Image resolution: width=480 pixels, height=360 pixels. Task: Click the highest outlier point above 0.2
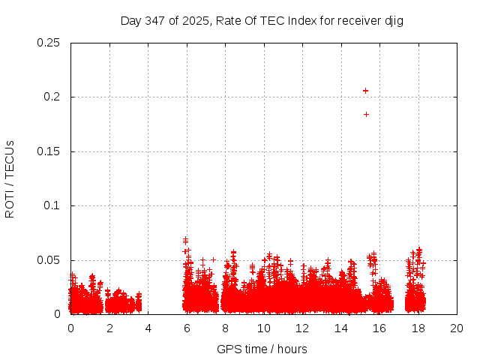coord(365,91)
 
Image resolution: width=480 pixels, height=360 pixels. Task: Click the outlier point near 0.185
coord(366,114)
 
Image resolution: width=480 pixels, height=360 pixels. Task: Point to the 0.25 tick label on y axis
coord(49,43)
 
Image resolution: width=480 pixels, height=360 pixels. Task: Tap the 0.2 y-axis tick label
coord(52,97)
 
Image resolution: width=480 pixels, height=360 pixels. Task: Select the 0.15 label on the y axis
coord(49,151)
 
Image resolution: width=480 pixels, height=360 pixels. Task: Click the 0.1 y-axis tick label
coord(52,205)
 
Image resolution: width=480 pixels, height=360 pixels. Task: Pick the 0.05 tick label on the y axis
coord(49,260)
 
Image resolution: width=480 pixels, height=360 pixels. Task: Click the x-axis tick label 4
coord(148,328)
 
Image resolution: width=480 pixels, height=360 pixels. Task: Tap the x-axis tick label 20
coord(457,328)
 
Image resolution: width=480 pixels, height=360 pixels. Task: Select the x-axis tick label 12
coord(302,328)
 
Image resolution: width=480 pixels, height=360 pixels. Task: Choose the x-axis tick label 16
coord(379,328)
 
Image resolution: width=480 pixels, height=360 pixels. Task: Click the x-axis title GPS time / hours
coord(262,349)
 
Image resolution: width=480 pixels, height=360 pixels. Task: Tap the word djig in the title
coord(394,20)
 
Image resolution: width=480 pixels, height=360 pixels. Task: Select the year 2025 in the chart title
coord(197,20)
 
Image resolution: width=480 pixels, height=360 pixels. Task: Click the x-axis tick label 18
coord(418,328)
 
